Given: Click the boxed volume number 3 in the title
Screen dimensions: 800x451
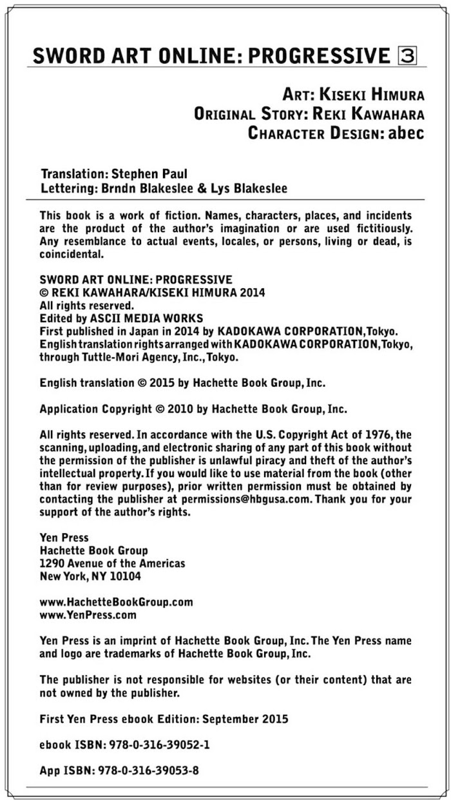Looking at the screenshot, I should coord(408,56).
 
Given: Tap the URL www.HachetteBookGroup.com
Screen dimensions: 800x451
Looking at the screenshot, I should coord(117,602).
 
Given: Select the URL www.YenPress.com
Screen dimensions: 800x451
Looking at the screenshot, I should coord(88,615).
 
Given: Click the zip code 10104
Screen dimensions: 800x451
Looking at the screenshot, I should coord(123,576).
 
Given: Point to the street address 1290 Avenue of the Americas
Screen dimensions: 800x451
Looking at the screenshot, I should coord(113,563).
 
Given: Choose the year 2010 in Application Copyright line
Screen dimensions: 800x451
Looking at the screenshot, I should coord(177,409).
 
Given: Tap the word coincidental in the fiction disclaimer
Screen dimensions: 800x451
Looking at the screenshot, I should coord(72,254).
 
